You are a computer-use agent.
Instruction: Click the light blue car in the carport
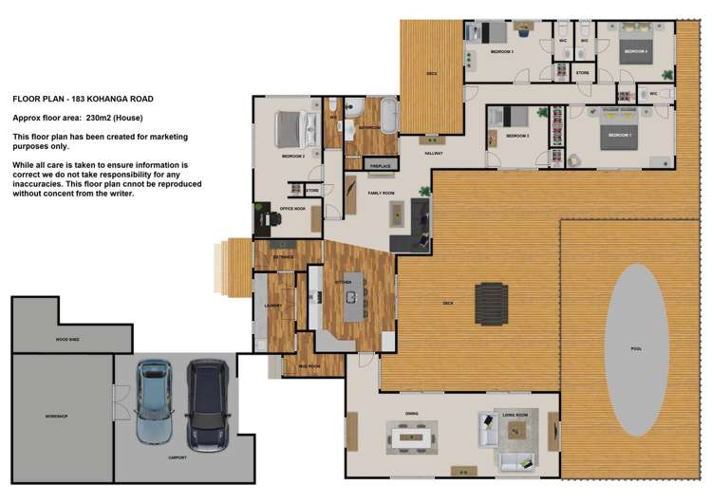(154, 402)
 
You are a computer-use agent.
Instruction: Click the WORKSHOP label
(56, 416)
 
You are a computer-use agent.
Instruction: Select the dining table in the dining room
(411, 438)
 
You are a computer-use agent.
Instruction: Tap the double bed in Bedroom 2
(292, 130)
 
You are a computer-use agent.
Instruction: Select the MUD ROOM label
(308, 365)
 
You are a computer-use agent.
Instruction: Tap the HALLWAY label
(433, 153)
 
